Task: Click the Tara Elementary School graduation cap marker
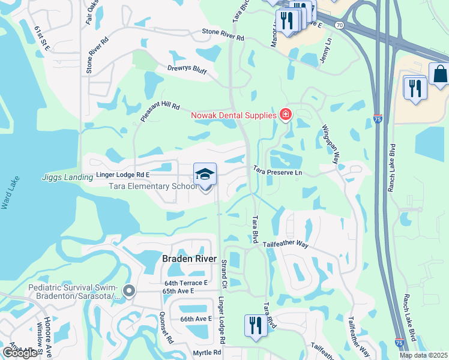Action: click(205, 175)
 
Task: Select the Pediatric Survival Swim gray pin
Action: click(129, 292)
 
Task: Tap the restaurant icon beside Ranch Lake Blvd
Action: click(415, 88)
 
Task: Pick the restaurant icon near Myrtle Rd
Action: click(256, 326)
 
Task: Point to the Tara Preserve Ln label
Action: click(277, 172)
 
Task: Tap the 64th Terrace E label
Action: click(185, 283)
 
